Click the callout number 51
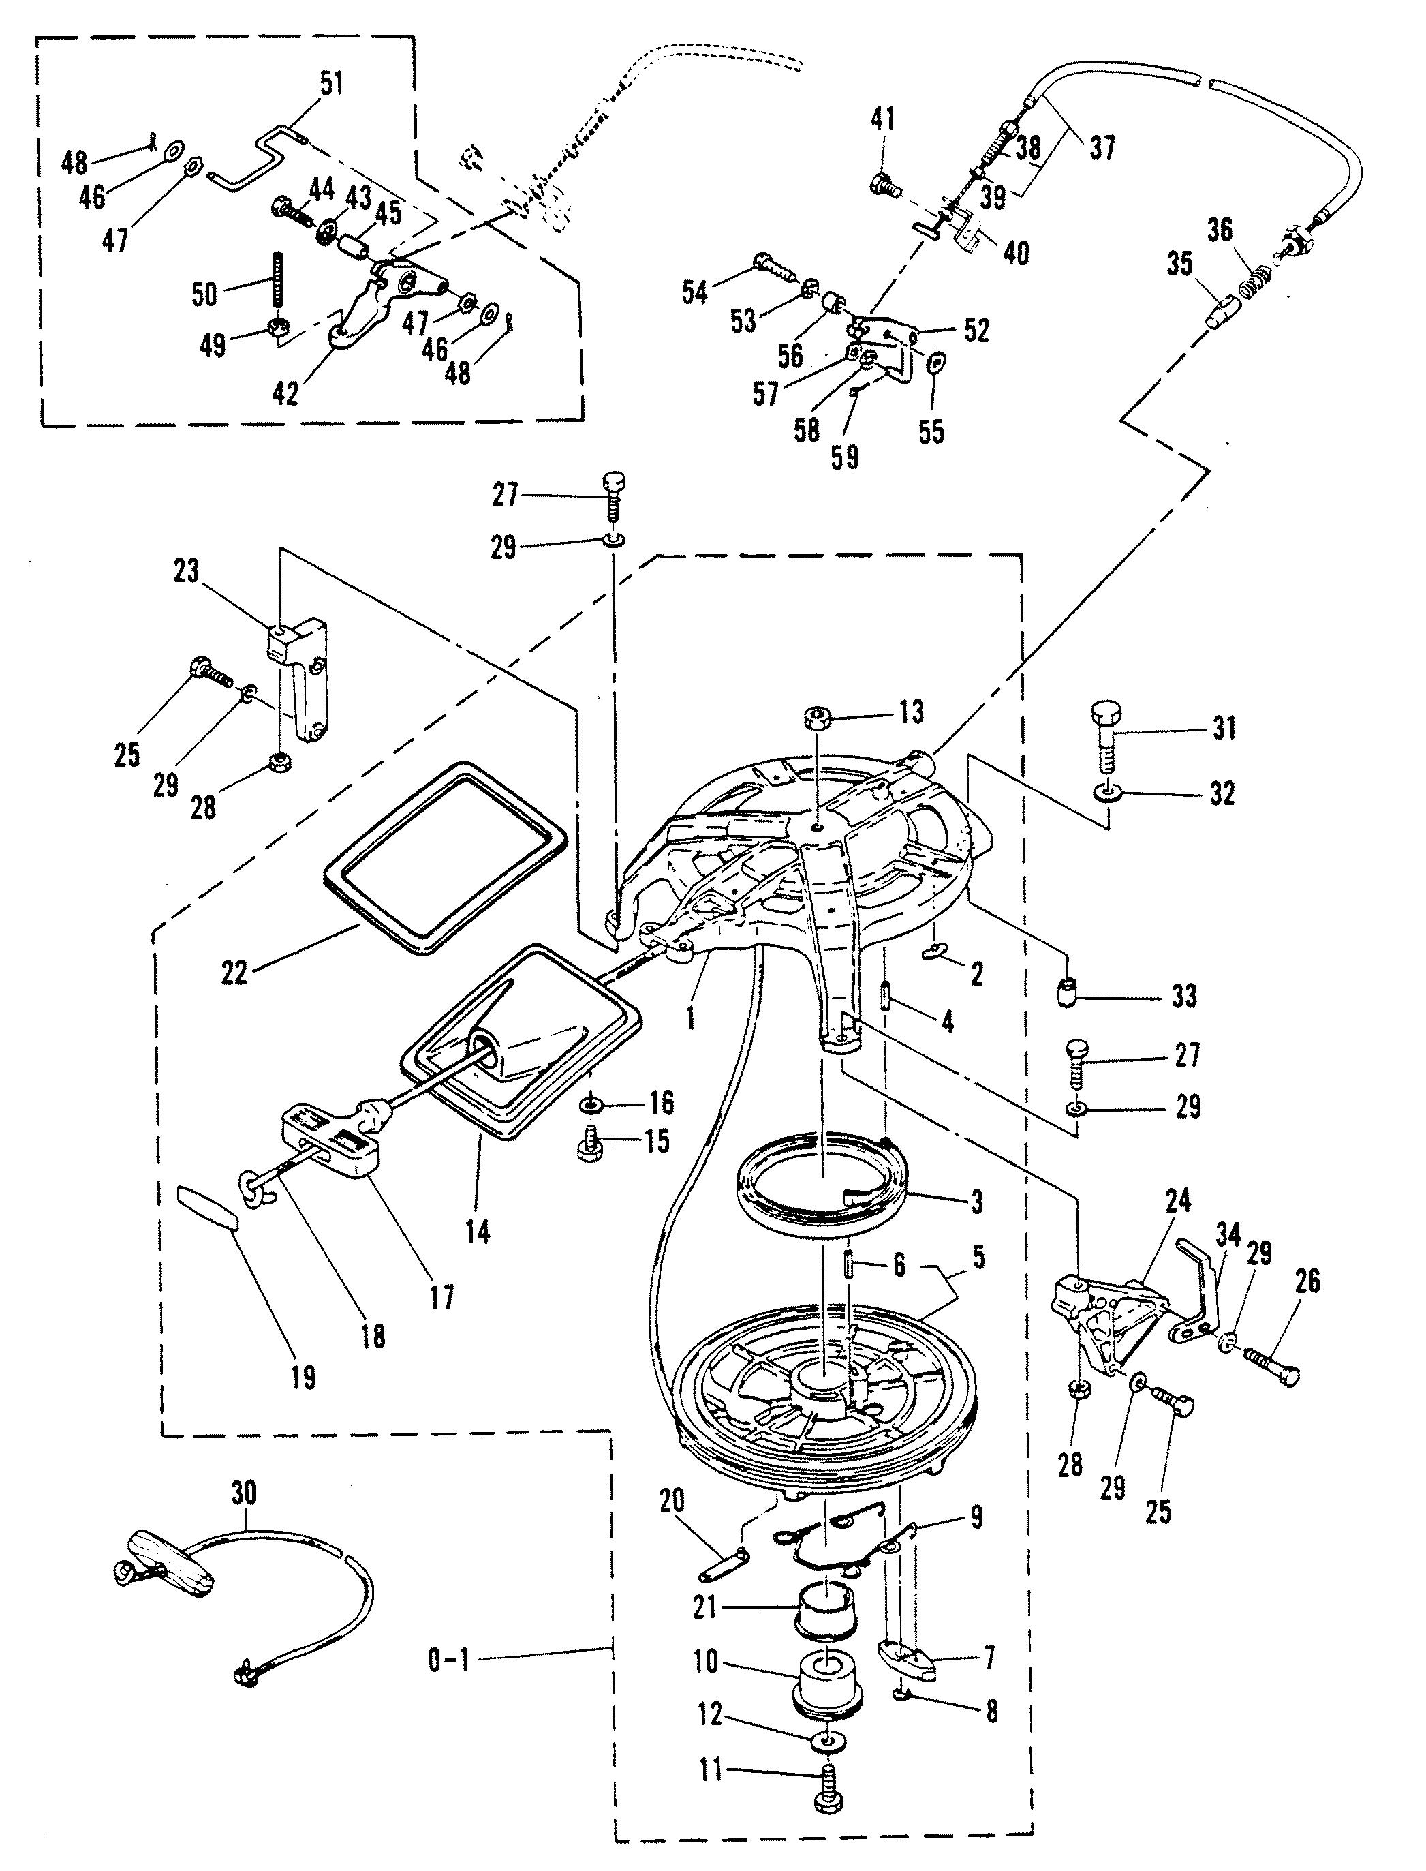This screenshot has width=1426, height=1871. pyautogui.click(x=331, y=85)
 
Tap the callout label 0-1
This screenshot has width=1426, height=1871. pyautogui.click(x=449, y=1661)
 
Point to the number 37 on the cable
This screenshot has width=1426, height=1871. pyautogui.click(x=1102, y=148)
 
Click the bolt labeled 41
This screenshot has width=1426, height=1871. pyautogui.click(x=883, y=182)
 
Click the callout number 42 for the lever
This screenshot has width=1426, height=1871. pyautogui.click(x=285, y=393)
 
